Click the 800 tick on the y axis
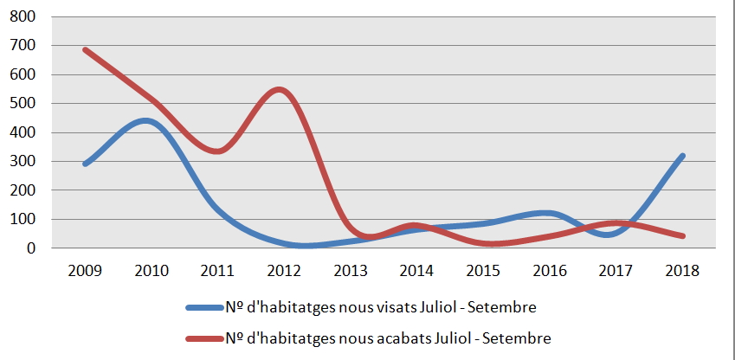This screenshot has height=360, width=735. pyautogui.click(x=23, y=16)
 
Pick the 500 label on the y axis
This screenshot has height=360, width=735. pyautogui.click(x=23, y=103)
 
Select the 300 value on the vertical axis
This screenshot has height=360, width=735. pyautogui.click(x=23, y=161)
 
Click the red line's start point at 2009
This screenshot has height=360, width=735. pyautogui.click(x=86, y=50)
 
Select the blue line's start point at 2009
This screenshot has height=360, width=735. pyautogui.click(x=86, y=164)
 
